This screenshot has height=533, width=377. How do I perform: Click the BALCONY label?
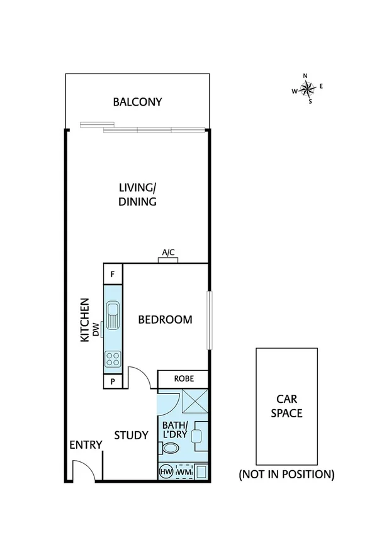[137, 102]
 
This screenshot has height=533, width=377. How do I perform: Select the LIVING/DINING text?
[137, 194]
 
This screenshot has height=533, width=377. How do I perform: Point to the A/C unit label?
[168, 253]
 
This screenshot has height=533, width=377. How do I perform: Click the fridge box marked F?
[113, 274]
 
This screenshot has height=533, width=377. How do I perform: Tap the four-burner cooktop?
[113, 359]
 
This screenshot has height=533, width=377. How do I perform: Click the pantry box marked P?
[113, 381]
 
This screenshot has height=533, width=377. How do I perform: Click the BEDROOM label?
[165, 320]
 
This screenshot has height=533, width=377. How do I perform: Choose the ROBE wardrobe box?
[182, 379]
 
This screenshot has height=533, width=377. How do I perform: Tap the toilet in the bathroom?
[170, 448]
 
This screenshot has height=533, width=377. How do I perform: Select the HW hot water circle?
[167, 471]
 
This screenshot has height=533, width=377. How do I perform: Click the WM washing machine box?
[184, 471]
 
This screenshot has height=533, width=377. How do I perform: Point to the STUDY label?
[131, 435]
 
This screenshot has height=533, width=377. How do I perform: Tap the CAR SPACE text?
[286, 405]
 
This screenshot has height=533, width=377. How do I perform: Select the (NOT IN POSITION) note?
[286, 474]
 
